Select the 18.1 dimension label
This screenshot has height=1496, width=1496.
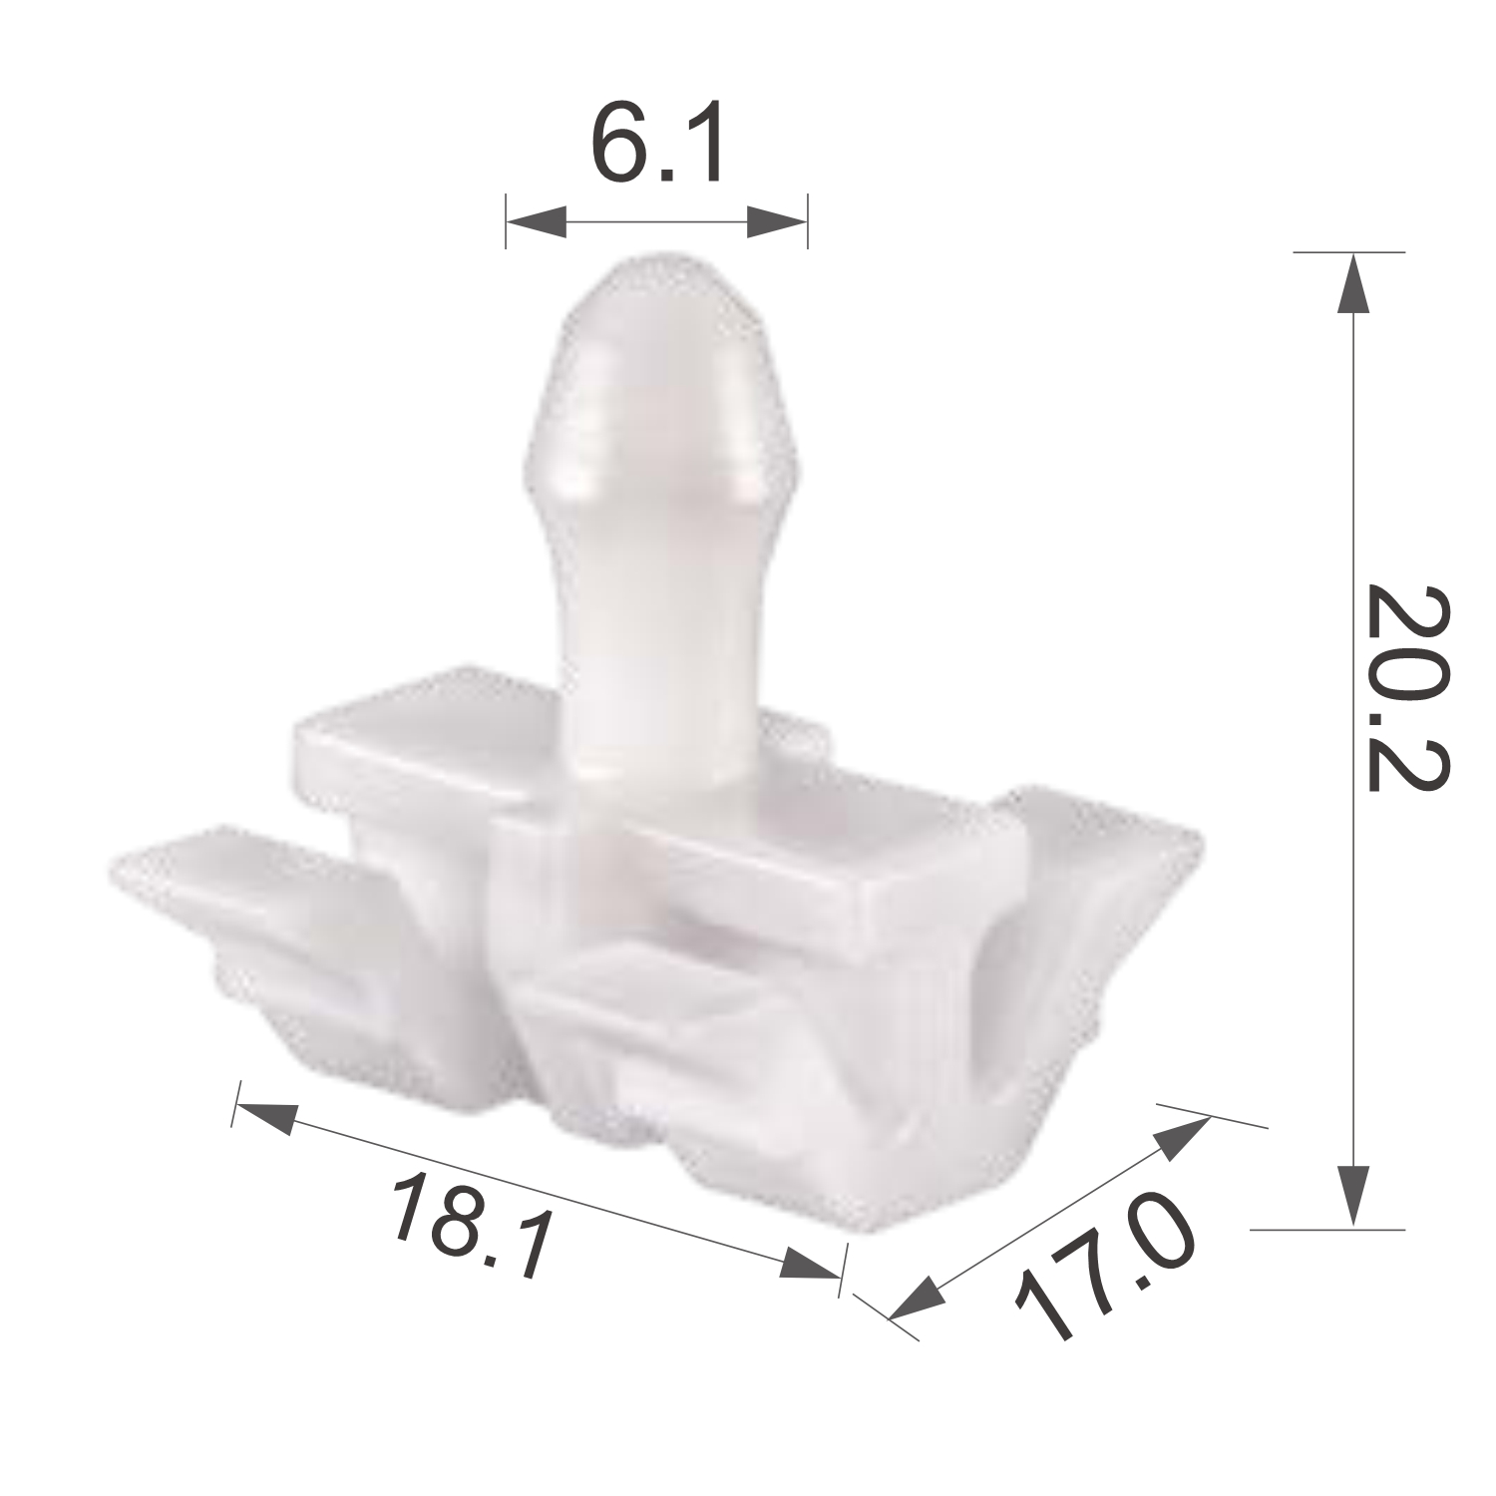pyautogui.click(x=472, y=1224)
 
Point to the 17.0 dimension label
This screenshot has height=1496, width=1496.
pyautogui.click(x=1103, y=1264)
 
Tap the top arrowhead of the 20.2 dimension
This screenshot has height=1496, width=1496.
pyautogui.click(x=1352, y=282)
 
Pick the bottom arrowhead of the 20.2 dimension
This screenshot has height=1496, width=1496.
pyautogui.click(x=1352, y=1195)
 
